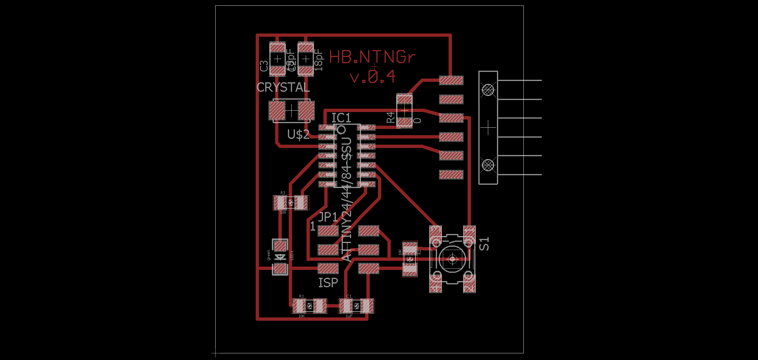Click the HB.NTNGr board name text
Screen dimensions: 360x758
click(372, 57)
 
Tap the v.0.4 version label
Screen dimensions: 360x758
click(373, 77)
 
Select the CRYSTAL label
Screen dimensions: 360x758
click(283, 88)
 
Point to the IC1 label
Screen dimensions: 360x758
click(341, 118)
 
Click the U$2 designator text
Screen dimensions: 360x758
click(298, 134)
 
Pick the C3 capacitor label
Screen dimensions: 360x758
click(264, 66)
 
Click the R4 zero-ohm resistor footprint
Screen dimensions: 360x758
click(404, 110)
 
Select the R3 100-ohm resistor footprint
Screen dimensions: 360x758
click(291, 203)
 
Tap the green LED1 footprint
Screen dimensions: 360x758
click(280, 257)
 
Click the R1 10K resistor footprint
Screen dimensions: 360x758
click(309, 306)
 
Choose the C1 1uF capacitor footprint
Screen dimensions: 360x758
click(356, 306)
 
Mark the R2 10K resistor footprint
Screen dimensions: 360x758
click(410, 259)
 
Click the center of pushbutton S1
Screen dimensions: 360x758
click(452, 259)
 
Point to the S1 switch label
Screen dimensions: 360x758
click(484, 244)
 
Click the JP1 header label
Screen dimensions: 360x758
click(328, 217)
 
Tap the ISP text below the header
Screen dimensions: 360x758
click(328, 283)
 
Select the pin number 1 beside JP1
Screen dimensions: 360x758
click(313, 226)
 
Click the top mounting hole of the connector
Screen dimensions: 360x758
click(488, 89)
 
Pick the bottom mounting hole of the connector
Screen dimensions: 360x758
click(488, 165)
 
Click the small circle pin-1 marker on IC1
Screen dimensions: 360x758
click(342, 129)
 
